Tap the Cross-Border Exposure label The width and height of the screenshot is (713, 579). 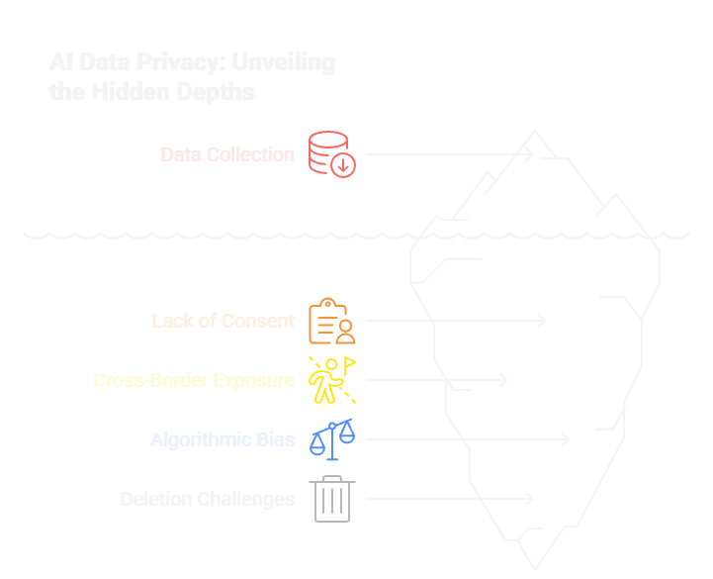(194, 380)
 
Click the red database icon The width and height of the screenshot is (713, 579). (331, 154)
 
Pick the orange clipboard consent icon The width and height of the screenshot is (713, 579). (331, 321)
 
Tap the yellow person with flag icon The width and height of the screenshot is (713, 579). (331, 380)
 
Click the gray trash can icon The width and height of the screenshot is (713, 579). (331, 499)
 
